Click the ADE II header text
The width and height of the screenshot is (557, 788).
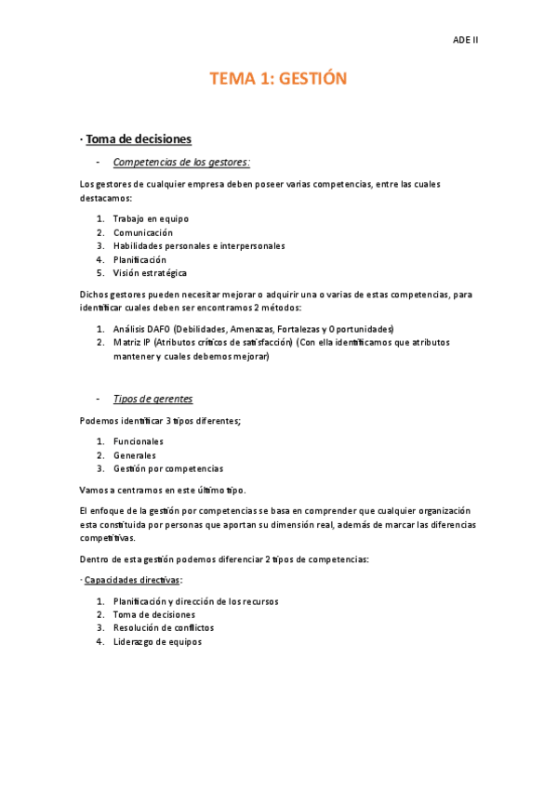[464, 41]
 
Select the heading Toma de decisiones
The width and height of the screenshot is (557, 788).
[139, 139]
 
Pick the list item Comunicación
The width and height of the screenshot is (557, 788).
[143, 232]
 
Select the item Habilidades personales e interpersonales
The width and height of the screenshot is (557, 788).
[199, 246]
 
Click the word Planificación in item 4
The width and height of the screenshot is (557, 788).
[139, 260]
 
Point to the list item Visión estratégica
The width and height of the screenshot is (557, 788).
[150, 273]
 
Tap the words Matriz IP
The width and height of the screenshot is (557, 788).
[132, 342]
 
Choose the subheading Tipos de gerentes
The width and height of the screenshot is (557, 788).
[153, 399]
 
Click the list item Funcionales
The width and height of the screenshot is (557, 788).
[139, 441]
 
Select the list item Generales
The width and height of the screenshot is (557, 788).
[135, 455]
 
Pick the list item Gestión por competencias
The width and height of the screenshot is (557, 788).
[168, 468]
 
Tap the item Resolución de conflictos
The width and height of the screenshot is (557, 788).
[163, 628]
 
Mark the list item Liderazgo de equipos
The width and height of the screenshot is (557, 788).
[157, 641]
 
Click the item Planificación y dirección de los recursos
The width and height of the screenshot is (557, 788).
[195, 601]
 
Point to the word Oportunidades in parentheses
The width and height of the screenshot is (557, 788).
[361, 329]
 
